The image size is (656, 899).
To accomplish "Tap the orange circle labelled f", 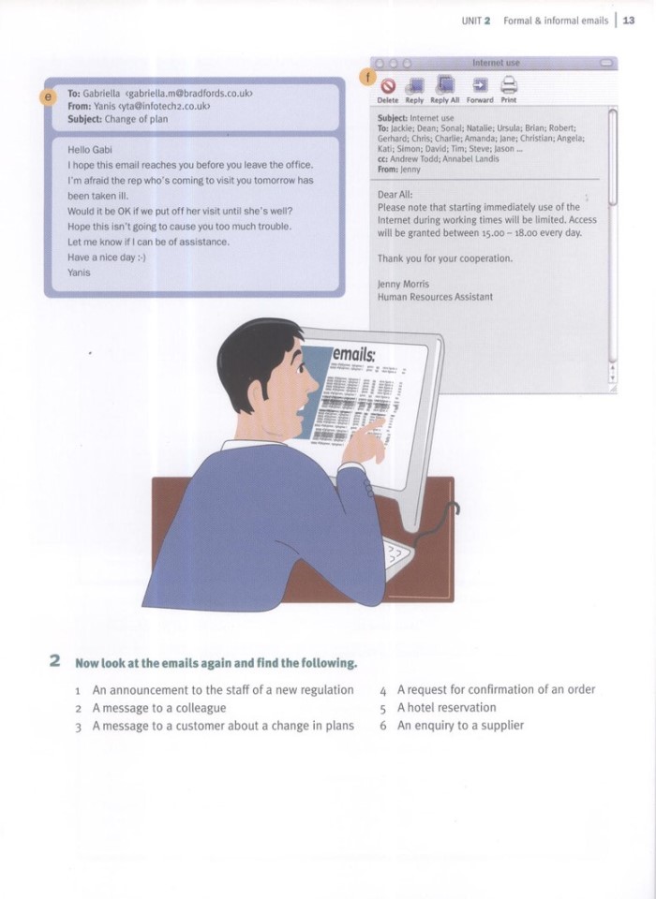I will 369,75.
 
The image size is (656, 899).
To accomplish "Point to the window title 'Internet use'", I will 496,63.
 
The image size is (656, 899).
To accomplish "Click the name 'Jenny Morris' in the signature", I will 403,284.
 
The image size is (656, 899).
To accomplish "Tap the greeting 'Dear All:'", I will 394,194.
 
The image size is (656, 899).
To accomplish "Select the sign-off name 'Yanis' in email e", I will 79,273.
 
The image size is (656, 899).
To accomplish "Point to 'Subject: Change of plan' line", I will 117,119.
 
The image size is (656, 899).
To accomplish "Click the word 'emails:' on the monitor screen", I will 354,355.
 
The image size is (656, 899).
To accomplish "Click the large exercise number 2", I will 55,661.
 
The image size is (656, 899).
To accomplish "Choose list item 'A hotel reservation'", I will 446,707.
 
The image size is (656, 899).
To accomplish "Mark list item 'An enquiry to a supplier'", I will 460,725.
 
